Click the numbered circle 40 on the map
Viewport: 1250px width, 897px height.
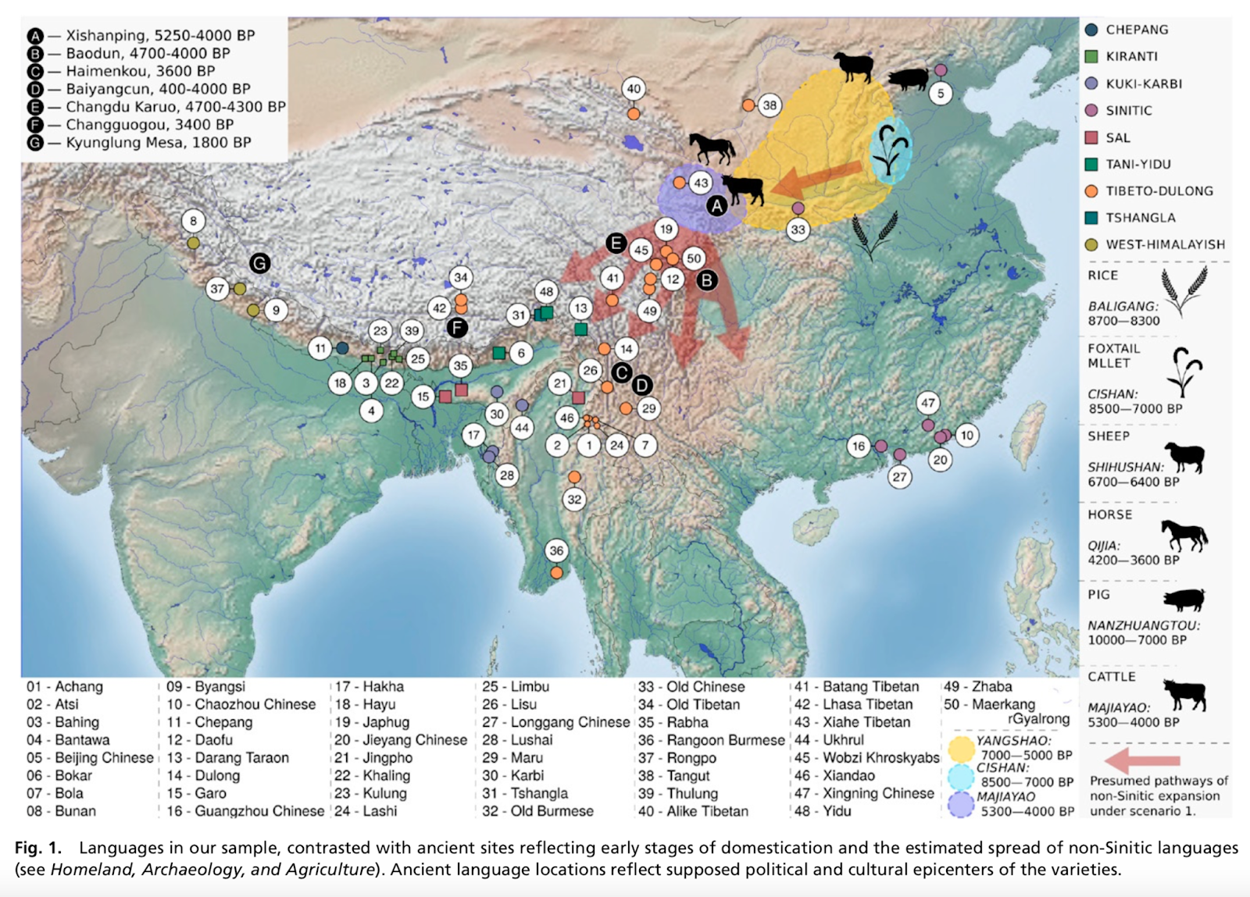634,89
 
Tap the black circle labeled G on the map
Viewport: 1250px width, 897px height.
259,263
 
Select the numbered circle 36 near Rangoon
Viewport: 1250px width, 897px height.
556,550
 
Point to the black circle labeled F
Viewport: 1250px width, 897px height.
457,328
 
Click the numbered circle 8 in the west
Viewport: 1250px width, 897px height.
194,221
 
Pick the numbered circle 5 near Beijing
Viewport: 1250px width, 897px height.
941,93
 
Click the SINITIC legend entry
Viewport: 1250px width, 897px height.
1128,110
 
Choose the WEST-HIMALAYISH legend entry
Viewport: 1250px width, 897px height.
1165,244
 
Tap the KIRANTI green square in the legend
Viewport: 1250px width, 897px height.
1091,56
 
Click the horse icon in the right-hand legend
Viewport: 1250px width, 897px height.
1184,536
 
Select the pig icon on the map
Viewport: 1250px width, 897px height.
908,79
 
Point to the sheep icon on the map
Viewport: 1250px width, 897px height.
853,66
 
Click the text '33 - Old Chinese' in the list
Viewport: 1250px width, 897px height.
691,687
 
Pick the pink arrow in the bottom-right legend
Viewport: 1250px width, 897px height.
1141,760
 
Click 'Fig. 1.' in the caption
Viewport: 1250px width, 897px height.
38,848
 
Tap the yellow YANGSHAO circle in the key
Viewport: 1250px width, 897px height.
961,749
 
